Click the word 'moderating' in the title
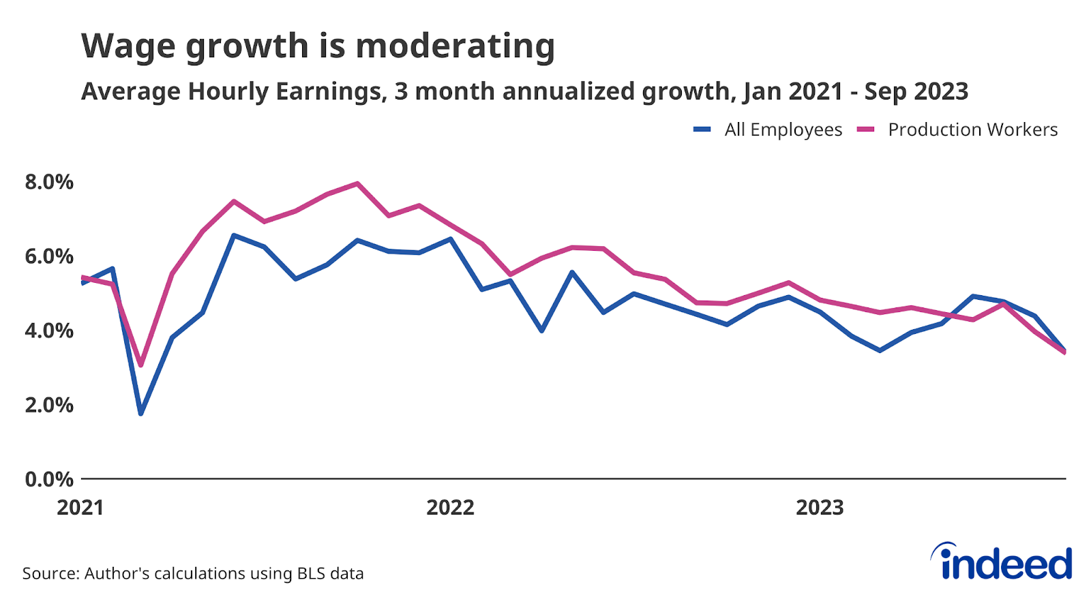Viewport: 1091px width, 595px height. pos(455,46)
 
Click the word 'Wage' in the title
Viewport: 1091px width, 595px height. pos(127,46)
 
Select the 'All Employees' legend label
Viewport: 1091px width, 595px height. pos(783,129)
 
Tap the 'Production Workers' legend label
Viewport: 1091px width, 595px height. pos(972,129)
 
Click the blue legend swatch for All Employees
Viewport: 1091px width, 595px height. pos(702,129)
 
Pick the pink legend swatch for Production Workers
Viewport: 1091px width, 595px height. pos(866,129)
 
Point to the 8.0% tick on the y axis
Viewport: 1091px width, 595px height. pos(49,182)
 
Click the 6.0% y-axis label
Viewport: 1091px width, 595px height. pos(49,256)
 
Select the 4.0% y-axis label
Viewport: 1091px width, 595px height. pos(49,331)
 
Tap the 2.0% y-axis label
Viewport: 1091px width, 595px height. pos(49,405)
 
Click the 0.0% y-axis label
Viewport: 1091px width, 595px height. pos(49,479)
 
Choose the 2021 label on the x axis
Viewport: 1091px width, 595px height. pos(80,508)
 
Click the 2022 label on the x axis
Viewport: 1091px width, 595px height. pos(450,508)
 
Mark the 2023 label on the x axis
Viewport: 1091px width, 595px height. pos(820,508)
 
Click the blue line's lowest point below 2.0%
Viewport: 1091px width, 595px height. pos(141,413)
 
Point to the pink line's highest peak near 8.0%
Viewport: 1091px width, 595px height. pos(357,183)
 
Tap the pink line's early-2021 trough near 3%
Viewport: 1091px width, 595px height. pos(141,365)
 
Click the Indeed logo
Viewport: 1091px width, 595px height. pos(1002,562)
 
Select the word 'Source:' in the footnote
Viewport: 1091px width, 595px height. pos(50,573)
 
